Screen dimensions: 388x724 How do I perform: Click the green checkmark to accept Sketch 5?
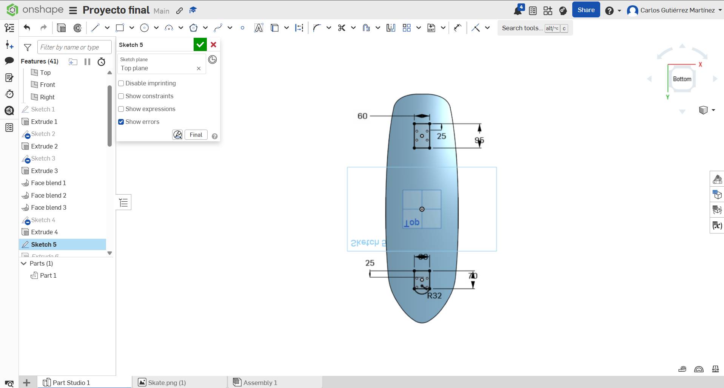200,45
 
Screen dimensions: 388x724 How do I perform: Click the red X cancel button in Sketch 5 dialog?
213,45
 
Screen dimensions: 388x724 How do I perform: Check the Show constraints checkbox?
121,96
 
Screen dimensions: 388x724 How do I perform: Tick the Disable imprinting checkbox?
121,83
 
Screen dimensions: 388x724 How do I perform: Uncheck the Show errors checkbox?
121,122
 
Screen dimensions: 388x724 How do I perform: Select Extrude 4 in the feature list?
44,232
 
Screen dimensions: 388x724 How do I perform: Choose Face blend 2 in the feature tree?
48,195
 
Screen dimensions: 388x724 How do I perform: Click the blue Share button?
585,10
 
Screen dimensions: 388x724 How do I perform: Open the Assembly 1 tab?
260,383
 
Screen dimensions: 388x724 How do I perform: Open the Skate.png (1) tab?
166,383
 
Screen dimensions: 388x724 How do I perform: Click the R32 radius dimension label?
434,296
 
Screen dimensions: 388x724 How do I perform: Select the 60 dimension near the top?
362,116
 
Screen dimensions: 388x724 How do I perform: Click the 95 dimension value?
479,141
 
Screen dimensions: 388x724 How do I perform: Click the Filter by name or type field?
74,47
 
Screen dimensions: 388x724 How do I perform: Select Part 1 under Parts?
48,275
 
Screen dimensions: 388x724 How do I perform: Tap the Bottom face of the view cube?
682,79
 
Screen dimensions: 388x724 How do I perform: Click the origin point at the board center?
422,209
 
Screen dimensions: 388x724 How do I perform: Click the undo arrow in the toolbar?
27,28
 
